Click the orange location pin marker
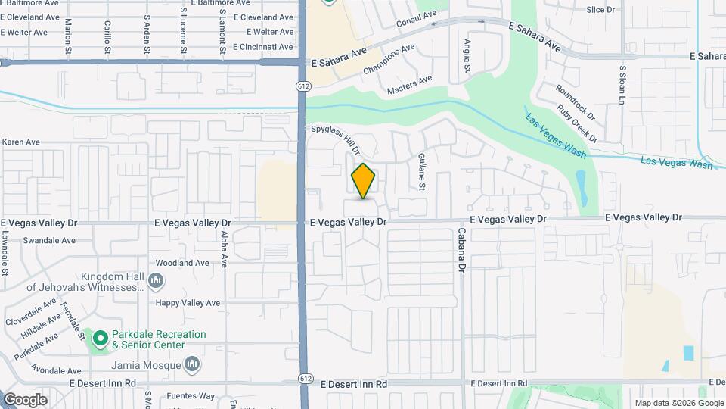pos(363,181)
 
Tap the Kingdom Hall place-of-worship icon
pos(157,282)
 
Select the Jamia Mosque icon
pos(193,365)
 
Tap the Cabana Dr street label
pos(461,250)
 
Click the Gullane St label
pos(421,171)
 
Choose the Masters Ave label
pos(409,84)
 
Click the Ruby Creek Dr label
pos(577,123)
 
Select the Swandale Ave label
pos(49,241)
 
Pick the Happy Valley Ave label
pos(188,303)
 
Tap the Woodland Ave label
pos(181,263)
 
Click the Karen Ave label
pos(20,142)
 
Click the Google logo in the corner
pos(25,399)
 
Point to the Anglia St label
pos(467,57)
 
